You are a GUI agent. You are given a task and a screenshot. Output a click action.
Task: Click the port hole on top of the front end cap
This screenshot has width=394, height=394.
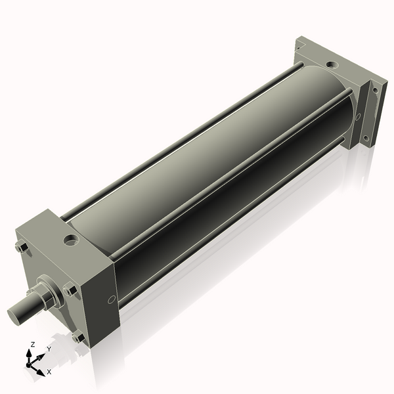[71, 240]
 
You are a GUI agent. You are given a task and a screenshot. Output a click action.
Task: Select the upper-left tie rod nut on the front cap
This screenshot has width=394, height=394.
[22, 248]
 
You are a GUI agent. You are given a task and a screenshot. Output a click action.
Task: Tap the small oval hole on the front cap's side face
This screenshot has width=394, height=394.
[112, 300]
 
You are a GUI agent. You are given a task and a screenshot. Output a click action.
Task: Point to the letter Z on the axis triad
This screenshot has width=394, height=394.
[32, 345]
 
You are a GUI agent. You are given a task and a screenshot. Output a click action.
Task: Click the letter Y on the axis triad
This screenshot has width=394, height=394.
[49, 349]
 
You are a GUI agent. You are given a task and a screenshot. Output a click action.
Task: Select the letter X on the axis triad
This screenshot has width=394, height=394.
[49, 372]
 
